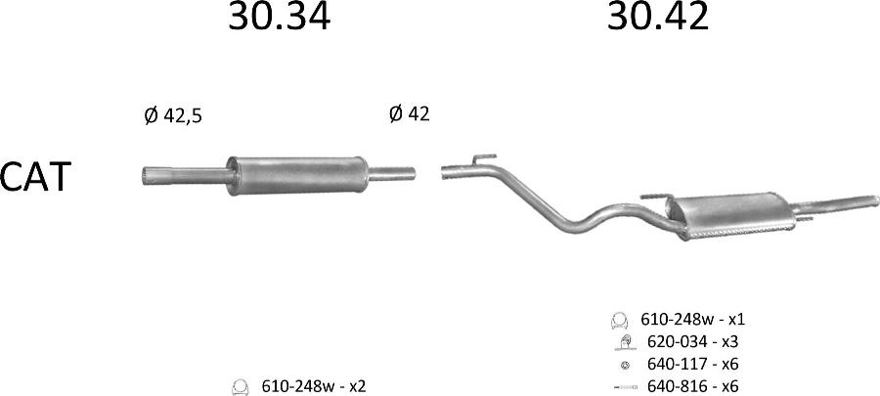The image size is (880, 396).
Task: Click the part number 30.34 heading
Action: coord(279,17)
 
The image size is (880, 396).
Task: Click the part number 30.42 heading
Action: coord(658,17)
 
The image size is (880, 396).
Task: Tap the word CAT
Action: coord(35,177)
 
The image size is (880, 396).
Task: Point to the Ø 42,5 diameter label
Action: coord(173,116)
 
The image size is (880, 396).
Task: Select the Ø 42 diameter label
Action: coord(409,113)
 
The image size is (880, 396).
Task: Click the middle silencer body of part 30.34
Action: coord(297,176)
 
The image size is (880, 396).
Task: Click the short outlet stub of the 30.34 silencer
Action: coord(392,174)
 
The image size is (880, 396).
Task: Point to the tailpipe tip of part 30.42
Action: coord(873,200)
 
